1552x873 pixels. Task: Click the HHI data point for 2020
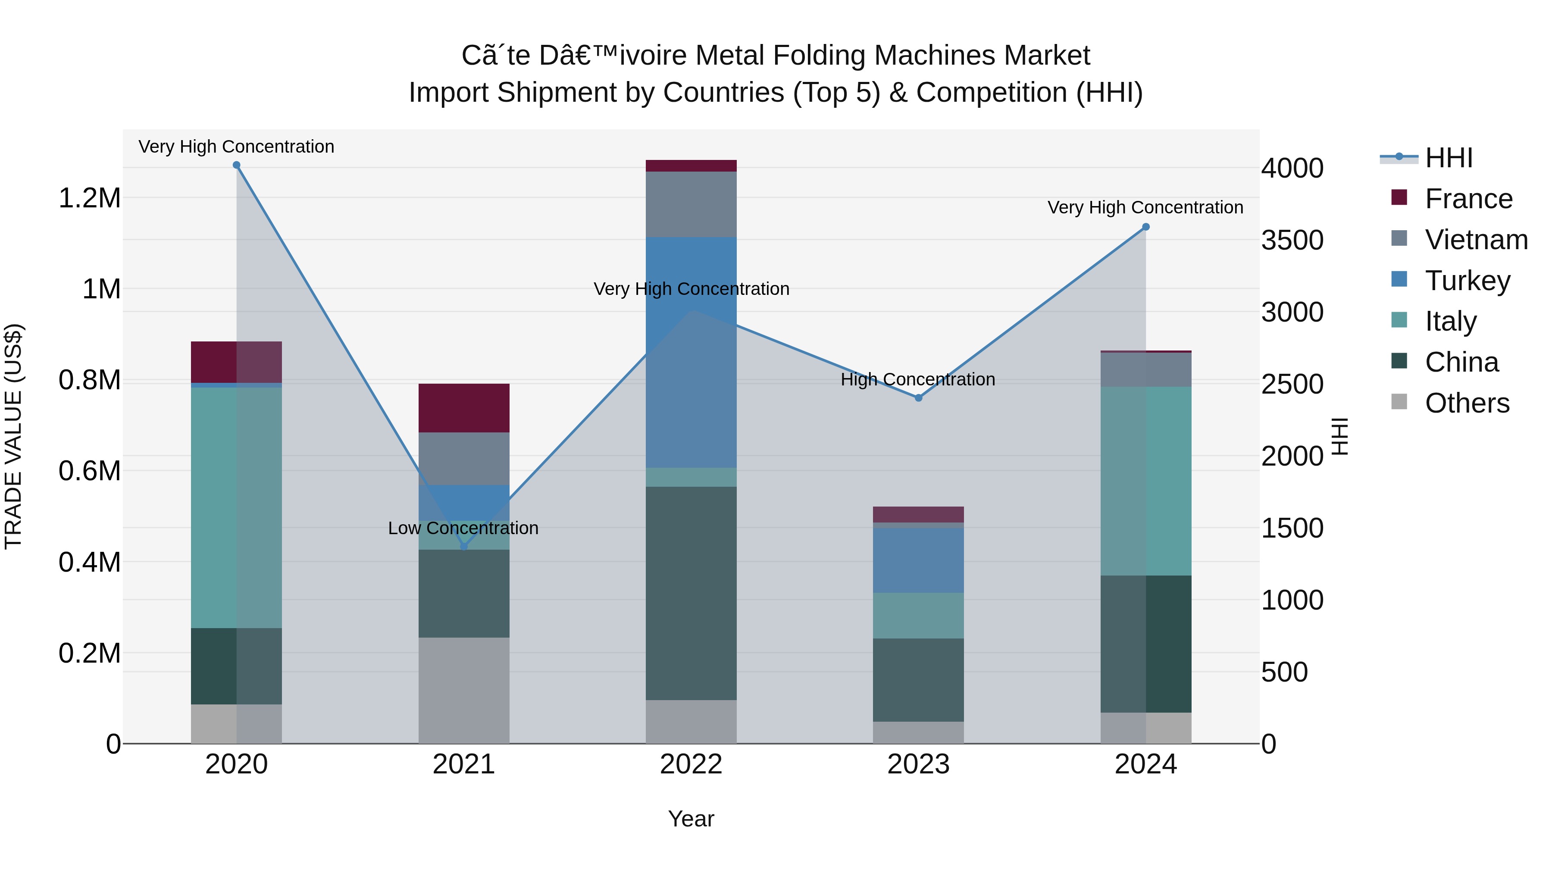tap(236, 165)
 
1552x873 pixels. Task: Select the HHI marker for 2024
tap(1146, 227)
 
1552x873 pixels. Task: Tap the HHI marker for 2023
tap(918, 397)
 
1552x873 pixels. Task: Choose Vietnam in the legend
tap(1476, 240)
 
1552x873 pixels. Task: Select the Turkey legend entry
tap(1467, 281)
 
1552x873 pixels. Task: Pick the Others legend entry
tap(1467, 403)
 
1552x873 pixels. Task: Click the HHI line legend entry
tap(1449, 158)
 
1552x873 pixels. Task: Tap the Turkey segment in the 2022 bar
tap(691, 353)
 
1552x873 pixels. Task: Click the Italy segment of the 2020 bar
tap(236, 507)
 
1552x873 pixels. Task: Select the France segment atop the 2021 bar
tap(464, 408)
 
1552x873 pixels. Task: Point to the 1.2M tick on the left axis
tap(90, 198)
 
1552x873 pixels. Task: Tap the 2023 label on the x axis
tap(918, 764)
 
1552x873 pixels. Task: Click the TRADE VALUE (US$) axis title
tap(13, 436)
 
